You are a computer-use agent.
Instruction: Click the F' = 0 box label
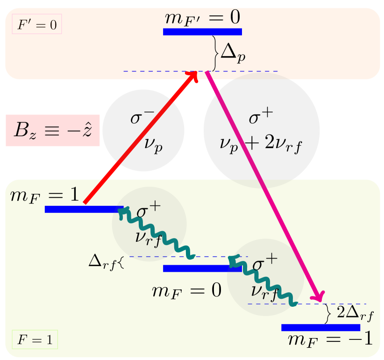click(x=37, y=25)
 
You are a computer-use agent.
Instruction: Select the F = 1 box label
click(x=35, y=340)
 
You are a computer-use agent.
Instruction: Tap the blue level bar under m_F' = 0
click(x=202, y=32)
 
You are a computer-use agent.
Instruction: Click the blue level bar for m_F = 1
click(x=84, y=209)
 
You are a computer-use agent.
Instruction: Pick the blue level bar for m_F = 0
click(x=202, y=268)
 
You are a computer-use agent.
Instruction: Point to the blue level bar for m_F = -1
click(x=320, y=327)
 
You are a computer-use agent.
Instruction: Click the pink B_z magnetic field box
click(x=53, y=131)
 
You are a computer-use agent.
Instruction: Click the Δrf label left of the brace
click(x=103, y=261)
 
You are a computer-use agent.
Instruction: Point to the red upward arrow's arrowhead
click(x=195, y=76)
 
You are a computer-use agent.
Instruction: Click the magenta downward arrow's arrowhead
click(x=320, y=296)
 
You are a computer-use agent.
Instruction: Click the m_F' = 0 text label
click(x=202, y=18)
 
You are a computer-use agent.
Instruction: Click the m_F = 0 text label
click(x=186, y=291)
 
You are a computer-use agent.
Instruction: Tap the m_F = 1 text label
click(x=45, y=195)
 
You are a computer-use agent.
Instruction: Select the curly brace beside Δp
click(x=215, y=53)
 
